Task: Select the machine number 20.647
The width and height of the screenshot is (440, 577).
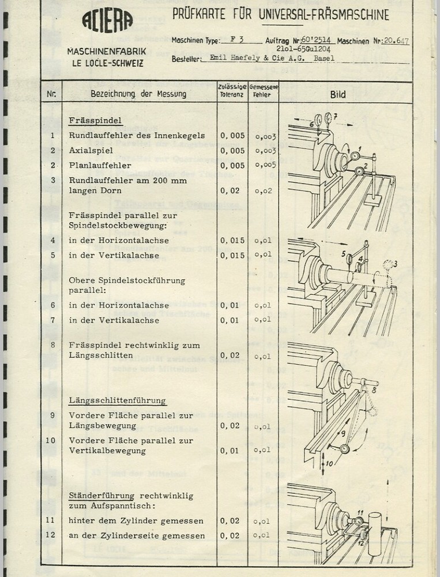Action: (x=395, y=42)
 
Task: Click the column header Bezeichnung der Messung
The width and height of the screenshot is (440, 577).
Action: (x=138, y=93)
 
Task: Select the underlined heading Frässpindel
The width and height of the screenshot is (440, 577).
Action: (x=95, y=122)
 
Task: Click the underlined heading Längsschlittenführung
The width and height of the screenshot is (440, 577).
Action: (x=117, y=400)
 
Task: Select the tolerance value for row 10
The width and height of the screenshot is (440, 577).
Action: (x=233, y=451)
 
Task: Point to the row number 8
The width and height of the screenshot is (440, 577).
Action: (x=52, y=345)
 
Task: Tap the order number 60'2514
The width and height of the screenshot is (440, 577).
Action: (x=317, y=41)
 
